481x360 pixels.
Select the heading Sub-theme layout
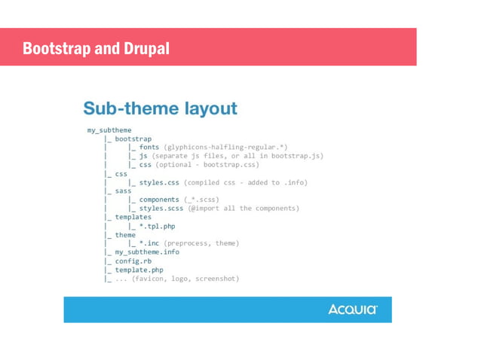click(160, 108)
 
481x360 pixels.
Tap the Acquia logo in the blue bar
click(352, 310)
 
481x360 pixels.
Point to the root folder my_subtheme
click(109, 130)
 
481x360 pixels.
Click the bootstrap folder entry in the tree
click(133, 139)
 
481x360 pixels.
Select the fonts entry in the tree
click(149, 147)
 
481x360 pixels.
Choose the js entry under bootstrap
click(143, 156)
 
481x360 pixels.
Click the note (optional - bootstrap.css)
click(207, 164)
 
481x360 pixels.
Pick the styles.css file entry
click(160, 182)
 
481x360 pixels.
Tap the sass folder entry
click(123, 191)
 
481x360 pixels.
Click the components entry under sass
click(159, 200)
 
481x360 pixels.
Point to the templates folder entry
click(133, 217)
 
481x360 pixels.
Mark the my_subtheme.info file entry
click(147, 252)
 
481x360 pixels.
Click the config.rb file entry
click(133, 261)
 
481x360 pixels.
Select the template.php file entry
click(139, 270)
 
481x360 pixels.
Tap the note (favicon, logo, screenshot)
click(185, 279)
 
